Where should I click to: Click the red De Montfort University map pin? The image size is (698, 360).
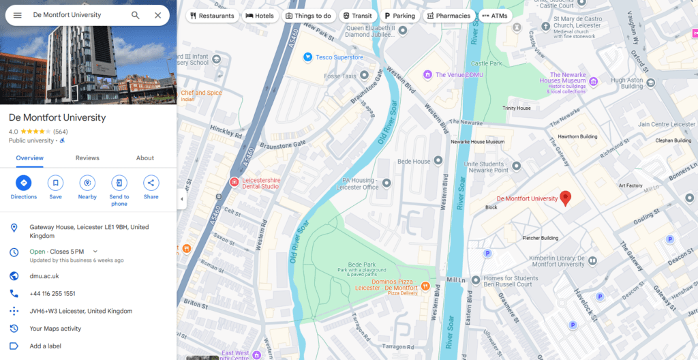(565, 198)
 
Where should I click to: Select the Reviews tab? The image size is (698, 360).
(87, 158)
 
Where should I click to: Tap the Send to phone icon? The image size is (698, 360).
(119, 183)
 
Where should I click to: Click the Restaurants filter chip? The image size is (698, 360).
(212, 16)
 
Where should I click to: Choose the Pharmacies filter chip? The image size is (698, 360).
(449, 16)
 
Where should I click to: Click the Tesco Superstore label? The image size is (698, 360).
(339, 57)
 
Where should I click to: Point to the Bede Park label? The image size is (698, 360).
(361, 264)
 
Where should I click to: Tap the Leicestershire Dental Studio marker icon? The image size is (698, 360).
(234, 183)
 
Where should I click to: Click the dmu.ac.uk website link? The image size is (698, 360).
(44, 276)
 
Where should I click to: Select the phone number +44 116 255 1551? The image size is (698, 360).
(52, 294)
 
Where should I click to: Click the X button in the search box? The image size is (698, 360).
(158, 15)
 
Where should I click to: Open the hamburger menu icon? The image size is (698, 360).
(17, 15)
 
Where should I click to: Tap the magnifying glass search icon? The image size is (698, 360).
(136, 15)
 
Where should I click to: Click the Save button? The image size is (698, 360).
(55, 183)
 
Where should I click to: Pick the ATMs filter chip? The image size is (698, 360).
(494, 16)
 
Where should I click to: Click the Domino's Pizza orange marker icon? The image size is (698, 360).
(425, 285)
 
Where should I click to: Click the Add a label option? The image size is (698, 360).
(46, 346)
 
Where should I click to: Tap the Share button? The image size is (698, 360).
(151, 183)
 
